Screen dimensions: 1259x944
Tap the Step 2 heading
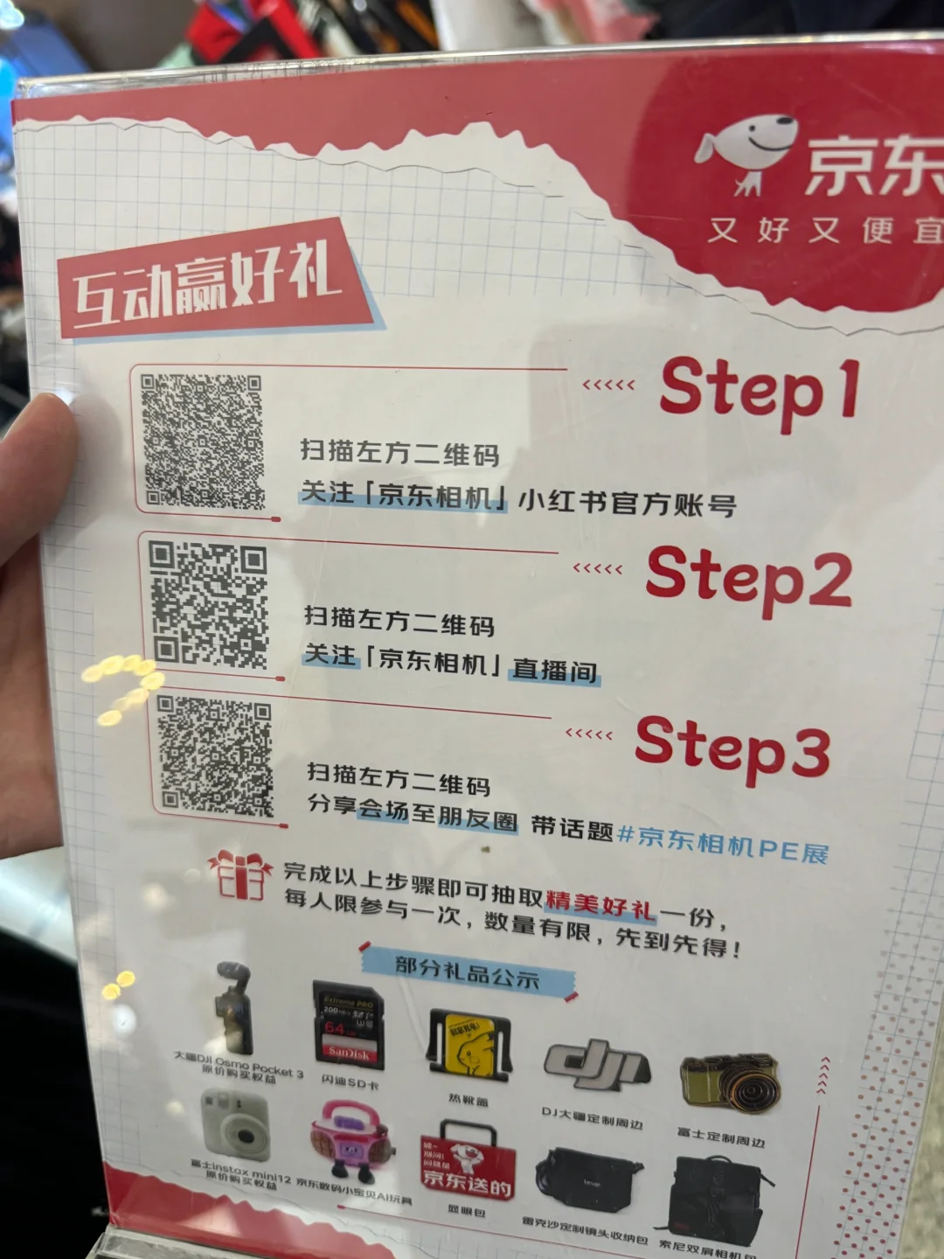point(748,578)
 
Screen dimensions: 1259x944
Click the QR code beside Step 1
point(203,442)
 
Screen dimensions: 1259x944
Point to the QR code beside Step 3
point(214,756)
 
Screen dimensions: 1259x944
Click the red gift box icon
point(239,875)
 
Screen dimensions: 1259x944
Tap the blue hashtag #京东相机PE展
point(723,844)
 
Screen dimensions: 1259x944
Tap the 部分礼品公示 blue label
point(467,972)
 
